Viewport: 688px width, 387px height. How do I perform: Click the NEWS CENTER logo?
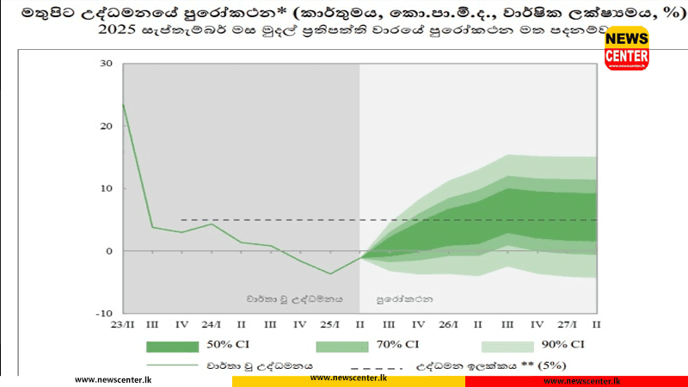(626, 48)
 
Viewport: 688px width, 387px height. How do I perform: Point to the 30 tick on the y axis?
(107, 64)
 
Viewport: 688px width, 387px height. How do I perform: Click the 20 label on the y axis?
(107, 126)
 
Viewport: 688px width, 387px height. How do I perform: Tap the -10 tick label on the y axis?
(105, 314)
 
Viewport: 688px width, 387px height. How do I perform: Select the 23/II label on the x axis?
(123, 324)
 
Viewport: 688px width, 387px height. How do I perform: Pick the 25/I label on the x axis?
(329, 324)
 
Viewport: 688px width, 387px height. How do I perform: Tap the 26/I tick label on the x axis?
(446, 324)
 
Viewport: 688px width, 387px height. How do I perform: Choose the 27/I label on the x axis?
(565, 324)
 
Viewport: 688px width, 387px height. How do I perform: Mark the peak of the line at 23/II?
(124, 105)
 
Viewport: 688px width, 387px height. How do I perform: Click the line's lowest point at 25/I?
(329, 273)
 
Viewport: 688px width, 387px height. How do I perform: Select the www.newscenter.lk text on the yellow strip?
(348, 378)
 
